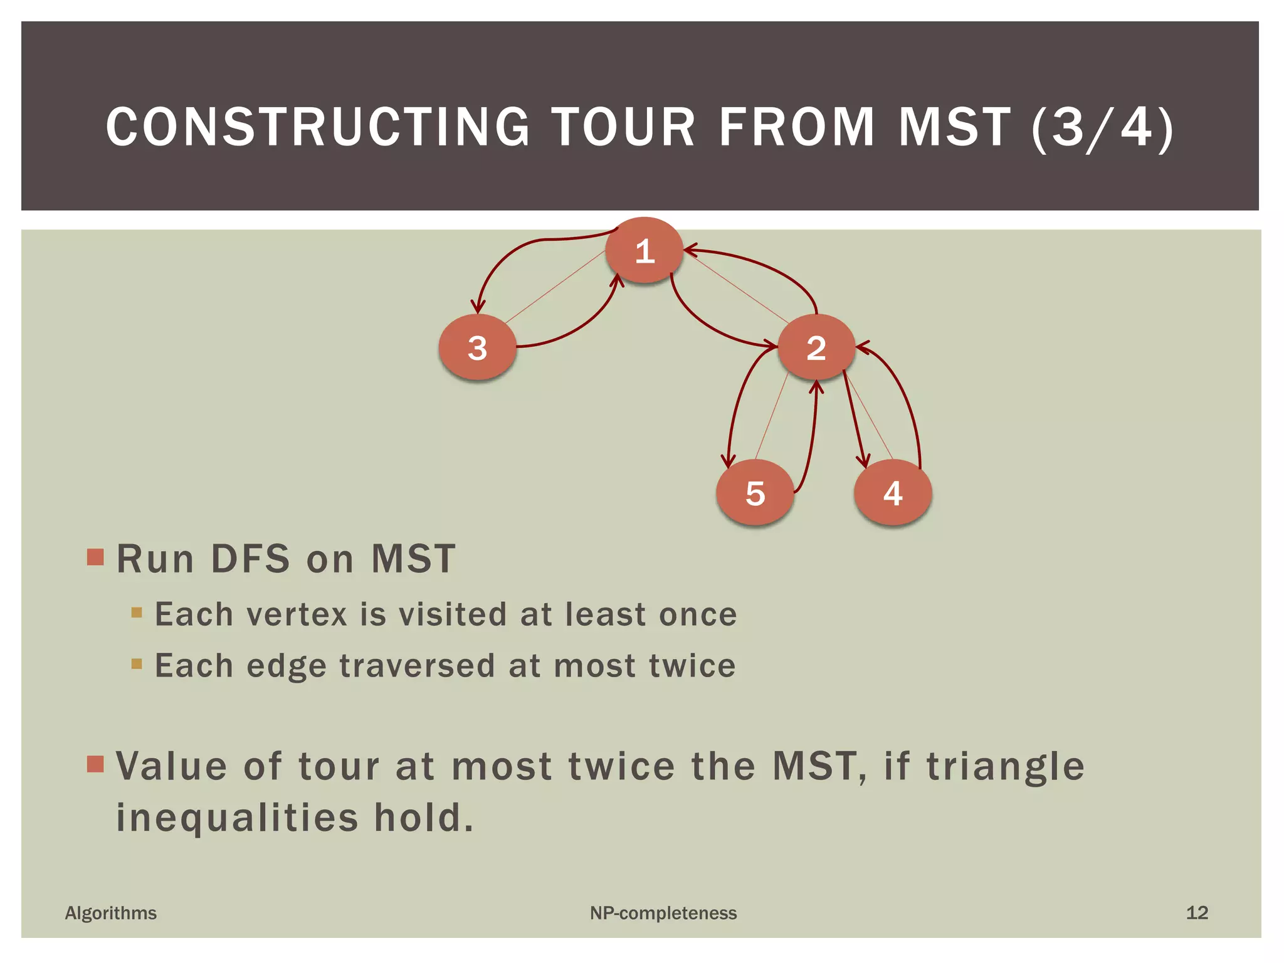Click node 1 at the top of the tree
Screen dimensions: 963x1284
tap(644, 251)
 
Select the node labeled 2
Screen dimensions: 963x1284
tap(816, 348)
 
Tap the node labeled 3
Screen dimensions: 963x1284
tap(477, 348)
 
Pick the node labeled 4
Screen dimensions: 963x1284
tap(892, 493)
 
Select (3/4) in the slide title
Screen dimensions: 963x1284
tap(1102, 127)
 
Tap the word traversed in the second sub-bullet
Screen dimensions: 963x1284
tap(417, 665)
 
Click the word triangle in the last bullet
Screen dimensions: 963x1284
tap(1005, 766)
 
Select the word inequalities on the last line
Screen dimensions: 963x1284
tap(237, 818)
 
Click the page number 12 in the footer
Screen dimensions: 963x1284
tap(1196, 913)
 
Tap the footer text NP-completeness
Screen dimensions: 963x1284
tap(663, 913)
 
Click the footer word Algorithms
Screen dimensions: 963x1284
tap(111, 913)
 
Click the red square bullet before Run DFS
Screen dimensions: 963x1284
tap(95, 557)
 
